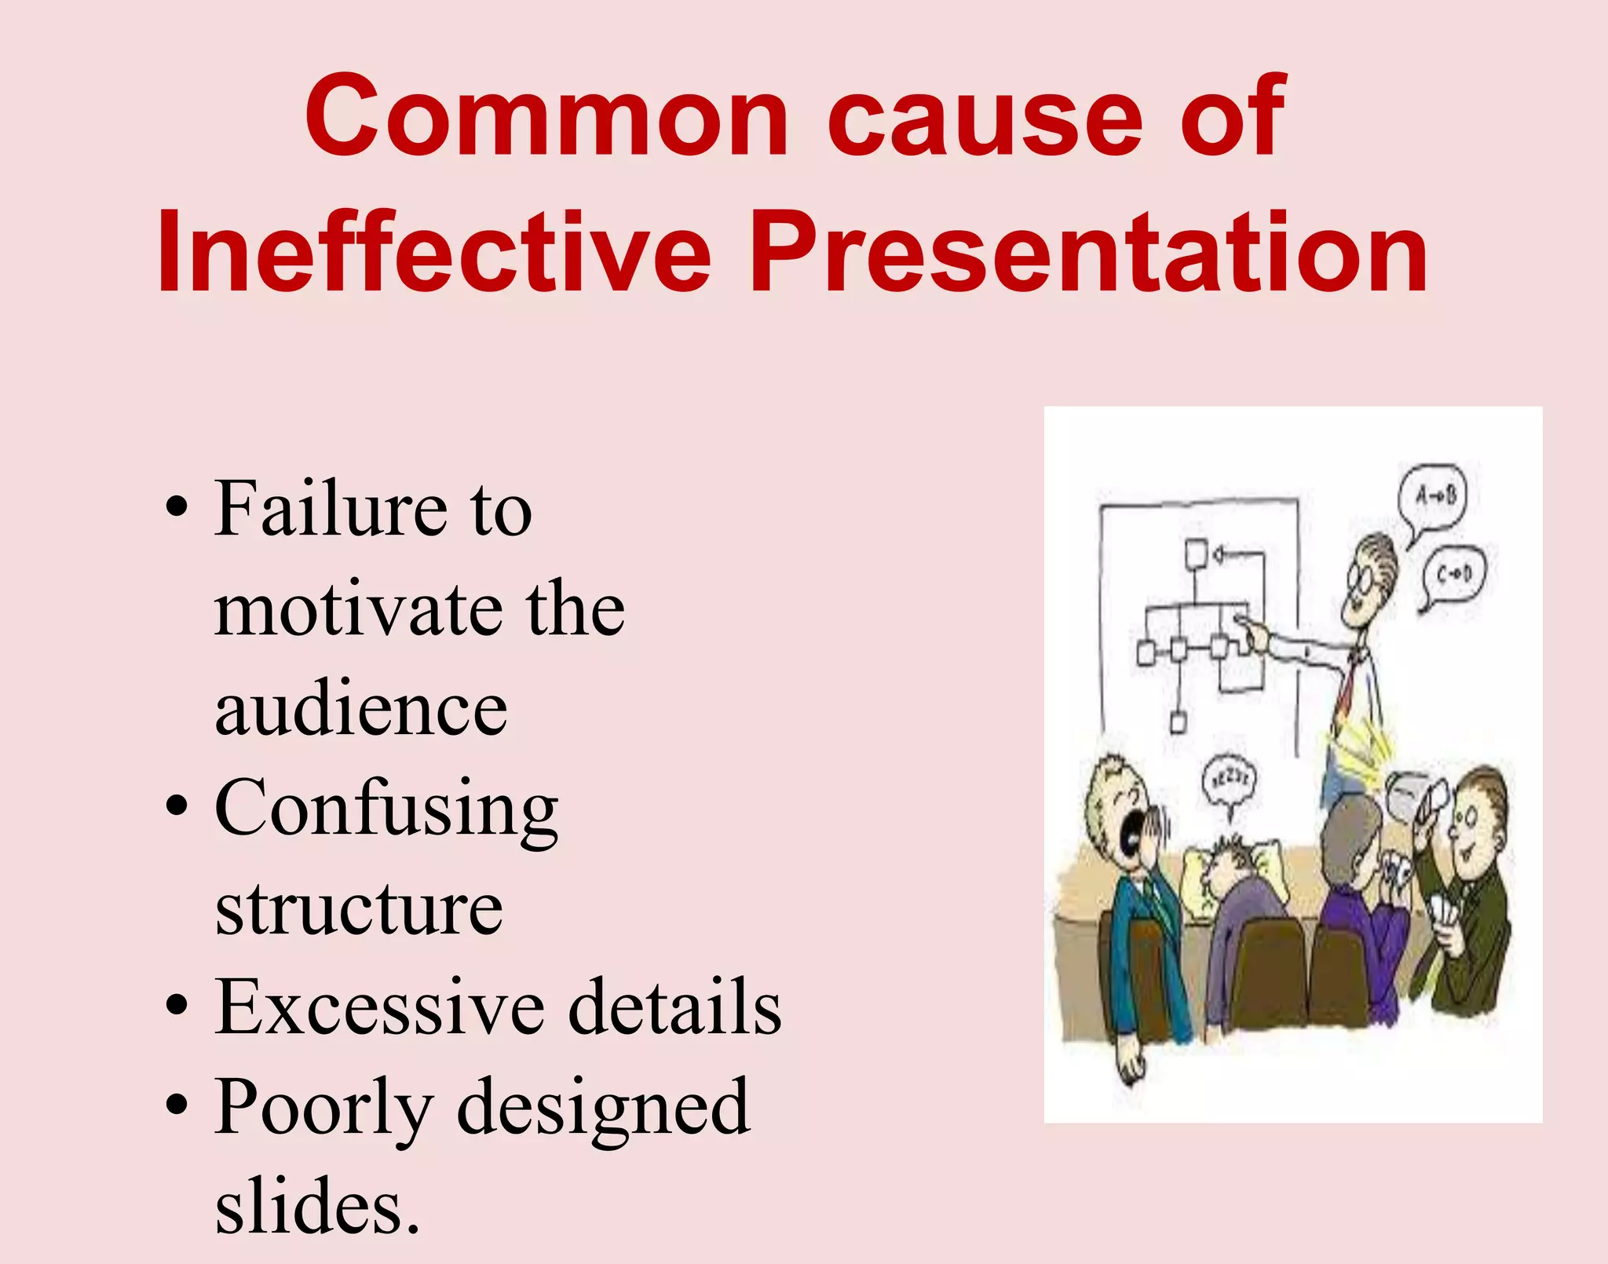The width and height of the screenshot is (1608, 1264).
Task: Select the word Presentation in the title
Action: tap(1088, 253)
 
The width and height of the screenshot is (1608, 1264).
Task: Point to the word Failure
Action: tap(330, 510)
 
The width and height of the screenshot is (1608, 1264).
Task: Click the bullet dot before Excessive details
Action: tap(177, 1006)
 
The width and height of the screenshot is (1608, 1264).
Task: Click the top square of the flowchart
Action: tap(1196, 554)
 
